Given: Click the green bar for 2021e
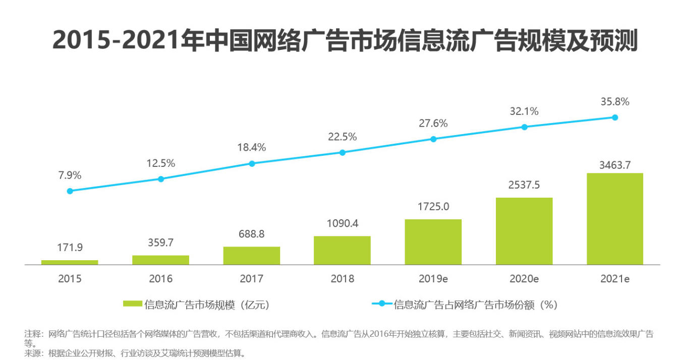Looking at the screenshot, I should pyautogui.click(x=614, y=219).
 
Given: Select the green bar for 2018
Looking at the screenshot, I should pyautogui.click(x=342, y=250).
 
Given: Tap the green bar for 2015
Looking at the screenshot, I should pyautogui.click(x=70, y=262).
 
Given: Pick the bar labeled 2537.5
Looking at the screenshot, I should pyautogui.click(x=524, y=231).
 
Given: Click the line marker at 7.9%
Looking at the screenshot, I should pyautogui.click(x=70, y=191).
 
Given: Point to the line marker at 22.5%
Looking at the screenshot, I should pyautogui.click(x=343, y=152).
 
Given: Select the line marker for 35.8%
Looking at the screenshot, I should pyautogui.click(x=615, y=117).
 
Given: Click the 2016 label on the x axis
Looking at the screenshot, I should pyautogui.click(x=160, y=279).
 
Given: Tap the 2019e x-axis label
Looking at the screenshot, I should pyautogui.click(x=433, y=279).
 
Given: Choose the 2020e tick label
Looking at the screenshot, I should pyautogui.click(x=524, y=279).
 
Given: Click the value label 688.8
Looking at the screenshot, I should pyautogui.click(x=251, y=234).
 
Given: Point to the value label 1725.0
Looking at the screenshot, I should pyautogui.click(x=433, y=207).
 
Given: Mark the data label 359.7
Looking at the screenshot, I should pyautogui.click(x=160, y=243).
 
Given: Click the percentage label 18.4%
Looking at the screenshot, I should pyautogui.click(x=251, y=147).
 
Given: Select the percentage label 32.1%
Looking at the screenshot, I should pyautogui.click(x=524, y=111).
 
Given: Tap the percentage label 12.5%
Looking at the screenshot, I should pyautogui.click(x=160, y=163).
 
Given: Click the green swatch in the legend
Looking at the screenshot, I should pyautogui.click(x=132, y=304).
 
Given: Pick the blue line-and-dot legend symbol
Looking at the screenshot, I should pyautogui.click(x=381, y=304).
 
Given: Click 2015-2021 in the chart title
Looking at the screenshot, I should pyautogui.click(x=117, y=40).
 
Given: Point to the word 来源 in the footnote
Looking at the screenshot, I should pyautogui.click(x=33, y=352).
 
